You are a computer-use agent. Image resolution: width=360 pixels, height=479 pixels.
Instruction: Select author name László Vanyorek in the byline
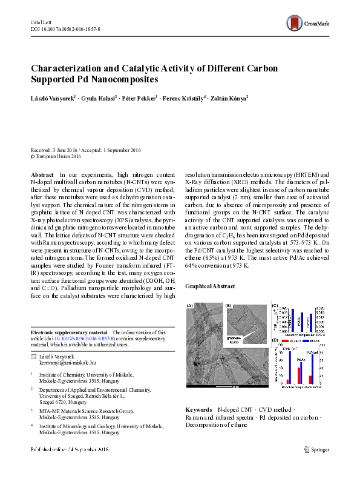[53, 97]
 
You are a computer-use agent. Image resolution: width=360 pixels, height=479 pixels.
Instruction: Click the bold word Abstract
[42, 174]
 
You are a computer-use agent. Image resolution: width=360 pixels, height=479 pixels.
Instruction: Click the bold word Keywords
[198, 410]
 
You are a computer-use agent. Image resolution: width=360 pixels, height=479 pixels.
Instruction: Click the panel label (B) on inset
[229, 306]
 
